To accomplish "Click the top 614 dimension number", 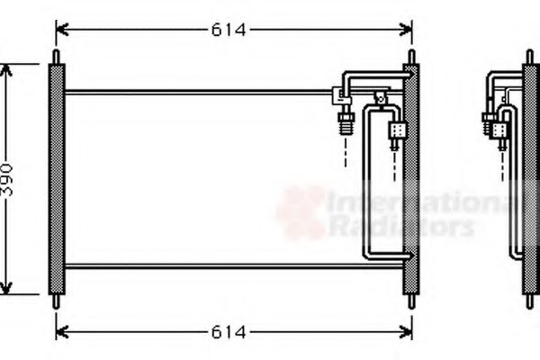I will pyautogui.click(x=229, y=30).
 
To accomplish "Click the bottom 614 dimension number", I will pyautogui.click(x=229, y=332).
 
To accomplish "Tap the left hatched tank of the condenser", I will pyautogui.click(x=56, y=180).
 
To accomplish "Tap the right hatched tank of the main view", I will pyautogui.click(x=411, y=180).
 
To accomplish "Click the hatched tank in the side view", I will pyautogui.click(x=529, y=180).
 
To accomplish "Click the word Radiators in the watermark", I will pyautogui.click(x=400, y=226).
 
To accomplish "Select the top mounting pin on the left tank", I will pyautogui.click(x=56, y=57).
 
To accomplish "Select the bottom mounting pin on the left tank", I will pyautogui.click(x=56, y=301).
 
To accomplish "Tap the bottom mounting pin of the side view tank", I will pyautogui.click(x=529, y=301).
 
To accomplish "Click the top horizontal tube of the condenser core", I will pyautogui.click(x=198, y=91).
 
